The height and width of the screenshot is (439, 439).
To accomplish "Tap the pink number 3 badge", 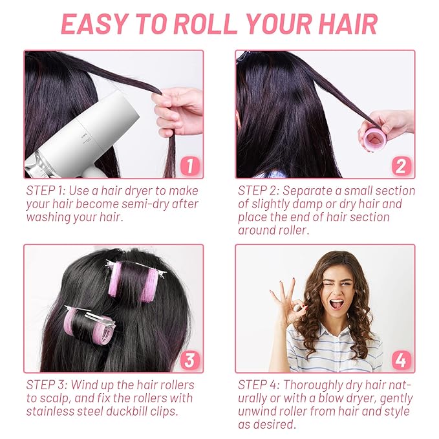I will click(188, 359).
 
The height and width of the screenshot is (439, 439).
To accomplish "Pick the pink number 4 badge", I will click(400, 359).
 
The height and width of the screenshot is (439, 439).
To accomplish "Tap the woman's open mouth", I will click(336, 302).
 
